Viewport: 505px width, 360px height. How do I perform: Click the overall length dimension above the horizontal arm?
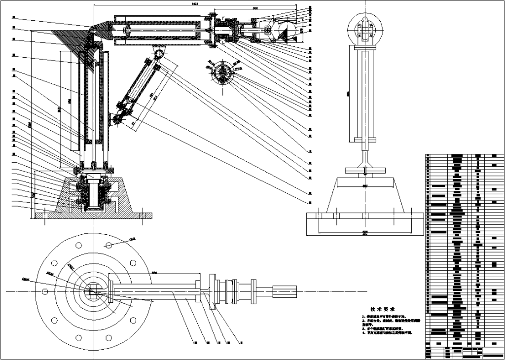[195, 4]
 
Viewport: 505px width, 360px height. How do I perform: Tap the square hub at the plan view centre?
[93, 291]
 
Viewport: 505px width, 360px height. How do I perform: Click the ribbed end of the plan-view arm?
[285, 291]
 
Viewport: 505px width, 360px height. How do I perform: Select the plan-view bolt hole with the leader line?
[108, 244]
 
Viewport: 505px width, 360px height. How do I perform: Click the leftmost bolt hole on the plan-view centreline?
[45, 291]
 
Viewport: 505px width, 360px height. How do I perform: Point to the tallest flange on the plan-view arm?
[213, 291]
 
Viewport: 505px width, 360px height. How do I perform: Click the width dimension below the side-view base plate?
[365, 233]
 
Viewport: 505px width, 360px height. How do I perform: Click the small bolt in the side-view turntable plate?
[365, 171]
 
